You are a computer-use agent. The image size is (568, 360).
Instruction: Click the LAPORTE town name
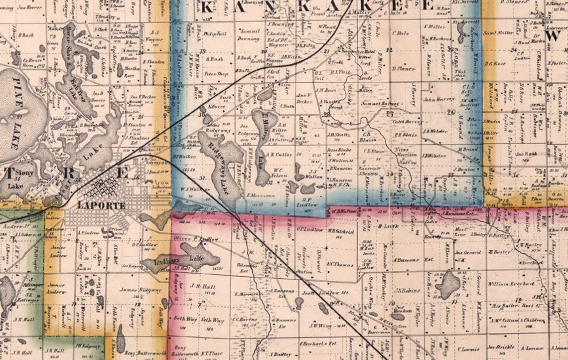click(101, 205)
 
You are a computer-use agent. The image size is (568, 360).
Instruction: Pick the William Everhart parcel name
click(511, 284)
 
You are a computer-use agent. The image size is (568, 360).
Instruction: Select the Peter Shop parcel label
click(216, 73)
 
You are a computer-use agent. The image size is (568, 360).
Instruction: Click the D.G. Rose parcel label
click(495, 63)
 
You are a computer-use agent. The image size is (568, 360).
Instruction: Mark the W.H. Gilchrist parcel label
click(340, 231)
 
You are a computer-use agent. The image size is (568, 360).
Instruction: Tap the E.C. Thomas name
click(340, 264)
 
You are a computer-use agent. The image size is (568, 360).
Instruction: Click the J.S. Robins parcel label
click(408, 290)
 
